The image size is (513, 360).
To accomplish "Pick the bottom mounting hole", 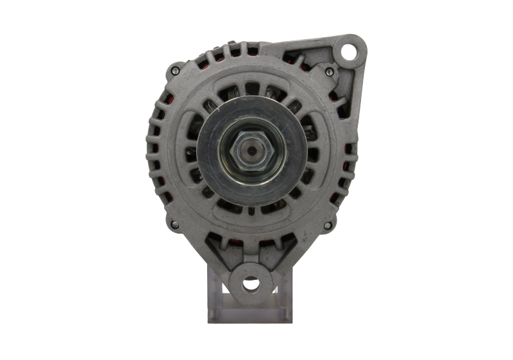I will (x=251, y=282).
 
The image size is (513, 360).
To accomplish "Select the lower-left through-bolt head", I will (x=174, y=225).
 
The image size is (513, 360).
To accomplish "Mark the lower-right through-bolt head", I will (x=328, y=225).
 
